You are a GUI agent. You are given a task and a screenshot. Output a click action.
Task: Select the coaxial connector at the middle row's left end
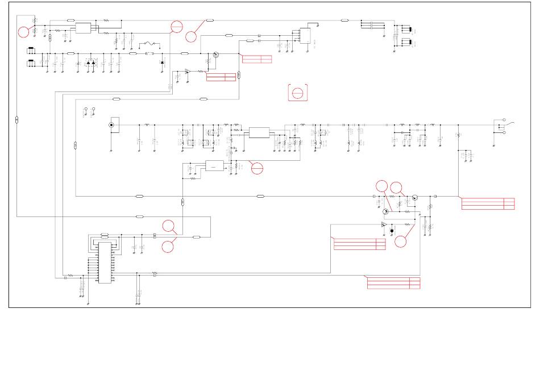coord(111,125)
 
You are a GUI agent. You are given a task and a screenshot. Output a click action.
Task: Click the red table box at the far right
coord(488,204)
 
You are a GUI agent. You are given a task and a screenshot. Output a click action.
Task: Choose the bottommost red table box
coord(393,282)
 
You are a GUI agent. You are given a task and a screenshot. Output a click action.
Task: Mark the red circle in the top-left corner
coord(23,32)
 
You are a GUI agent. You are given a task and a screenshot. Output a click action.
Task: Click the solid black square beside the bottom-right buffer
coord(392,231)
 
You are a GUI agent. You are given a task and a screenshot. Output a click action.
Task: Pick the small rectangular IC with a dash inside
coord(214,166)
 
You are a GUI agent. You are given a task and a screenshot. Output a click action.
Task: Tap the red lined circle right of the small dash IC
coord(257,168)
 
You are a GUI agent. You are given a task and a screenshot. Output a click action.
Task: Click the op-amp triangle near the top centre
coord(188,72)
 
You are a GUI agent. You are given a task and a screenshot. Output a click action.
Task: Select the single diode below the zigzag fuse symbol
coord(162,63)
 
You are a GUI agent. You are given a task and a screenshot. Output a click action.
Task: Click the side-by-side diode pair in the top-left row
coord(91,62)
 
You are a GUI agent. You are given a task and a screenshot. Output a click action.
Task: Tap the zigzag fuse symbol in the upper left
coord(151,43)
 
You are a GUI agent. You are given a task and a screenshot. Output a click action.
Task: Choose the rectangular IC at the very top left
coord(83,27)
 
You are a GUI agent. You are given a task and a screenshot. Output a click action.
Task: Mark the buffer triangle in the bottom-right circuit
coord(384,225)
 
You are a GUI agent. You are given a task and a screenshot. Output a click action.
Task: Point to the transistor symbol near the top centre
coord(216,56)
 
